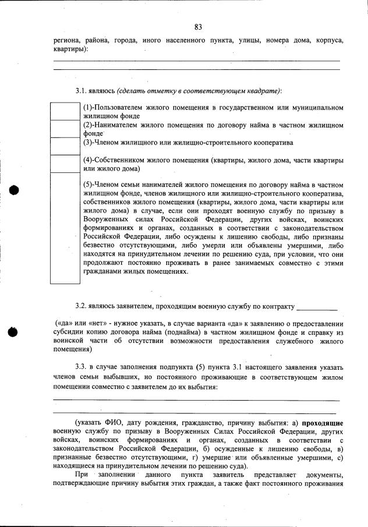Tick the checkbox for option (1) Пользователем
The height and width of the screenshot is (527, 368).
(65, 111)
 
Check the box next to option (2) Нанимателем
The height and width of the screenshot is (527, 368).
(65, 128)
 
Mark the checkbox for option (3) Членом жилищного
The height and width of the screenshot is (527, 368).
(65, 146)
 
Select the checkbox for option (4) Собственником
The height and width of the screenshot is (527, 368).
(65, 164)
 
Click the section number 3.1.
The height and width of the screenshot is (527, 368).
(81, 91)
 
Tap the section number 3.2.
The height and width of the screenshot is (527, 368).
(81, 306)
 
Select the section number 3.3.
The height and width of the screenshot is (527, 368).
(81, 367)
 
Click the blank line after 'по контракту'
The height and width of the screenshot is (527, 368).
(317, 307)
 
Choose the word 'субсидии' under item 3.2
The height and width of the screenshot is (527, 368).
(67, 332)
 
